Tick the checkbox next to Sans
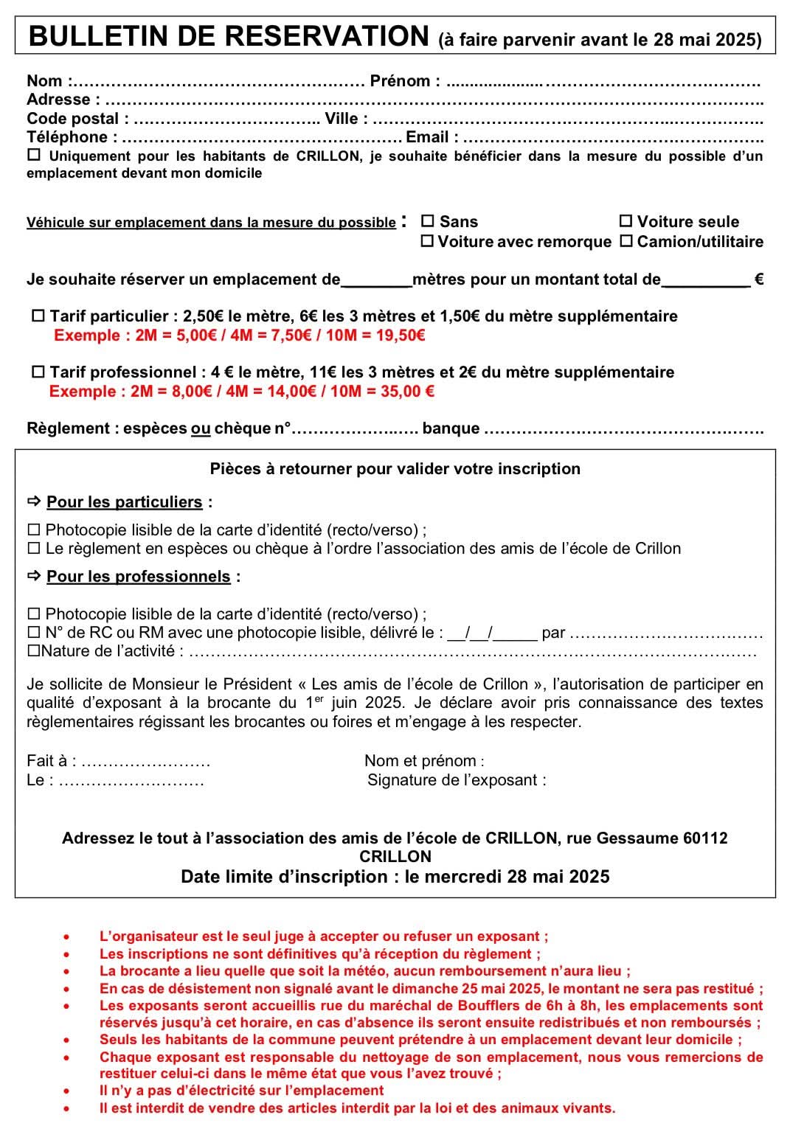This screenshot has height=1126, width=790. tap(427, 221)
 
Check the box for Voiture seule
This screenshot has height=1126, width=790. tap(626, 221)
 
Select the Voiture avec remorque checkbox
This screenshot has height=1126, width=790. tap(427, 241)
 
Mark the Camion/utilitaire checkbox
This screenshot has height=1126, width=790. tap(626, 241)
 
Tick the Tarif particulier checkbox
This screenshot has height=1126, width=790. tap(38, 316)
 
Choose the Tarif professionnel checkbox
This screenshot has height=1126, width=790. tap(38, 372)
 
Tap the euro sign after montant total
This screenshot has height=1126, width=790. tap(758, 279)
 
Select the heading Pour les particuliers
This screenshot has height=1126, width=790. tap(124, 502)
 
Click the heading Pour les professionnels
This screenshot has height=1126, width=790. tap(138, 577)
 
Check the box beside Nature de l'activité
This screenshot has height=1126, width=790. tap(33, 652)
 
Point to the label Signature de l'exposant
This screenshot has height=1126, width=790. tap(457, 780)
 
